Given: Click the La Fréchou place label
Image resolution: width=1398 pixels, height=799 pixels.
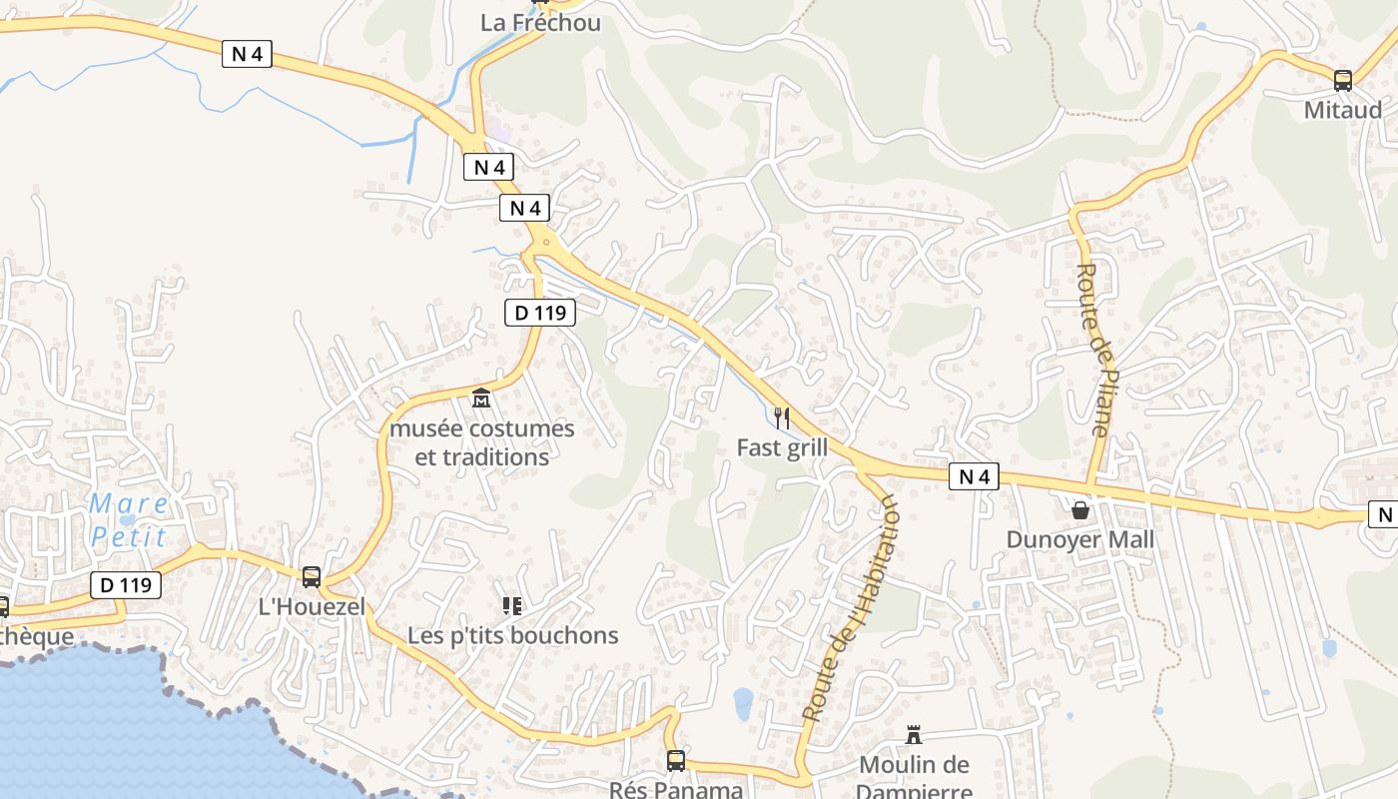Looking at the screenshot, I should point(540,22).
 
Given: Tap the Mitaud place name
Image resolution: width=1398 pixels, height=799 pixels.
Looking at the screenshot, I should point(1343,109).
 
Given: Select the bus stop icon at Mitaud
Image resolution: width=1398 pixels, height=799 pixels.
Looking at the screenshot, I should point(1343,81).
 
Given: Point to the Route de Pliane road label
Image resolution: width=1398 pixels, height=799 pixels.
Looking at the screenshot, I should point(1094,350).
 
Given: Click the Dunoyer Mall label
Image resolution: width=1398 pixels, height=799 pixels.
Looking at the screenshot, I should point(1079,539).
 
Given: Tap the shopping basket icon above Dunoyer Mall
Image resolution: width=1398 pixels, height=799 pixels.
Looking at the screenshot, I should point(1079,510).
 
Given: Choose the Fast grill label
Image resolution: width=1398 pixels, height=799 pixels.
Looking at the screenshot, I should point(782,447).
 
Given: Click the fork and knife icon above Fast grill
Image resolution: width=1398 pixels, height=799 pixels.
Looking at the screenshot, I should point(782,417).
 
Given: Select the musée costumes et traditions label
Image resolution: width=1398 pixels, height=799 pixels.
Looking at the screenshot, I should point(482,442).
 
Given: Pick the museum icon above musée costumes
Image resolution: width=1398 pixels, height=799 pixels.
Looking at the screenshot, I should point(481,399).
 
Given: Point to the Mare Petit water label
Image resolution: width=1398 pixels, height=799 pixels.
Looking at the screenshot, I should point(129,519).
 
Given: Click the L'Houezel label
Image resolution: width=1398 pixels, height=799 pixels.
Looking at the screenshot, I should point(312,605).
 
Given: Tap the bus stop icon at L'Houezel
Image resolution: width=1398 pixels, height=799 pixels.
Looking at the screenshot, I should point(312,576).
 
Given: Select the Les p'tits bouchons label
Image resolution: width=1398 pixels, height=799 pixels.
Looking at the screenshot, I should point(513,635).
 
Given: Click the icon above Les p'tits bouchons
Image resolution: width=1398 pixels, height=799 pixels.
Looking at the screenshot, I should point(512,605).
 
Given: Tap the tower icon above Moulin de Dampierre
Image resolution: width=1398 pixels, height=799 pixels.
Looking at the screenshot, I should point(914,735).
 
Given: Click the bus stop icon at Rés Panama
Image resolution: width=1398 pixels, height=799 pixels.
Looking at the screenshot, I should point(676,761).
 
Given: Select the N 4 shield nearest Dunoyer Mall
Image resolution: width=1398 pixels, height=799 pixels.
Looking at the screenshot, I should point(974,477).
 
